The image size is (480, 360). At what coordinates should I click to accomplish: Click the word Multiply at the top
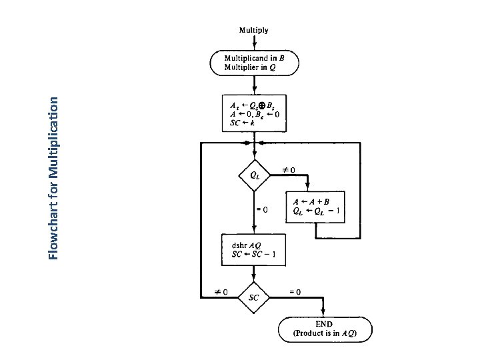pos(254,30)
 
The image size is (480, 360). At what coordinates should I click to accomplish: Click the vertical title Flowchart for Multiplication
pos(58,177)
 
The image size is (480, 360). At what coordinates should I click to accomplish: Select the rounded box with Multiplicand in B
pos(254,63)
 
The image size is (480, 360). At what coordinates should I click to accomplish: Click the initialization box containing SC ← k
pos(254,114)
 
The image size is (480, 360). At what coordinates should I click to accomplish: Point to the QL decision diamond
pos(254,175)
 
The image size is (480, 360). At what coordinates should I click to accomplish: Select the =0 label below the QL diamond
pos(263,209)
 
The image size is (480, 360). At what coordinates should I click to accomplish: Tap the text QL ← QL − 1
pos(317,211)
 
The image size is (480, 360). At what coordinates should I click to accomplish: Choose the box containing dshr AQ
pos(254,249)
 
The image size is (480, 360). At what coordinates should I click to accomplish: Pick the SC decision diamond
pos(254,297)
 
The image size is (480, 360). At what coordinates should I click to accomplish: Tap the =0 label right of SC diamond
pos(293,291)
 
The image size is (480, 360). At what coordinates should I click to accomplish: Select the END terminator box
pos(325,329)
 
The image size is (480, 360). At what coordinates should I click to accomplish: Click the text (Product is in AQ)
pos(325,333)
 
